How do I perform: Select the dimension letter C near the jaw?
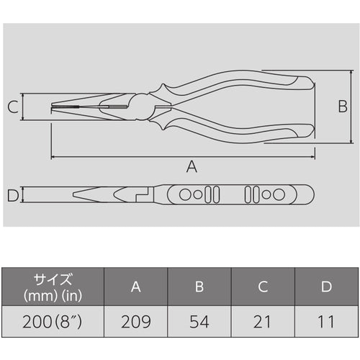[13, 108]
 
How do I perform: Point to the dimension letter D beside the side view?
[12, 194]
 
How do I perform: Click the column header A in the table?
[135, 287]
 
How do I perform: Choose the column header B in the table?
[199, 287]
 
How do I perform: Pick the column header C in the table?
[263, 287]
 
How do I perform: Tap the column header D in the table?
[326, 287]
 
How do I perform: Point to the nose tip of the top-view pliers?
[53, 109]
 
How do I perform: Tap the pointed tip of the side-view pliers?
[73, 195]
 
